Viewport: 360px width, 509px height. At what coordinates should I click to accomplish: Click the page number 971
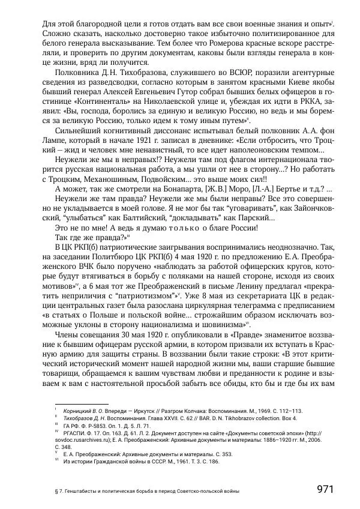[x=325, y=489]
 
